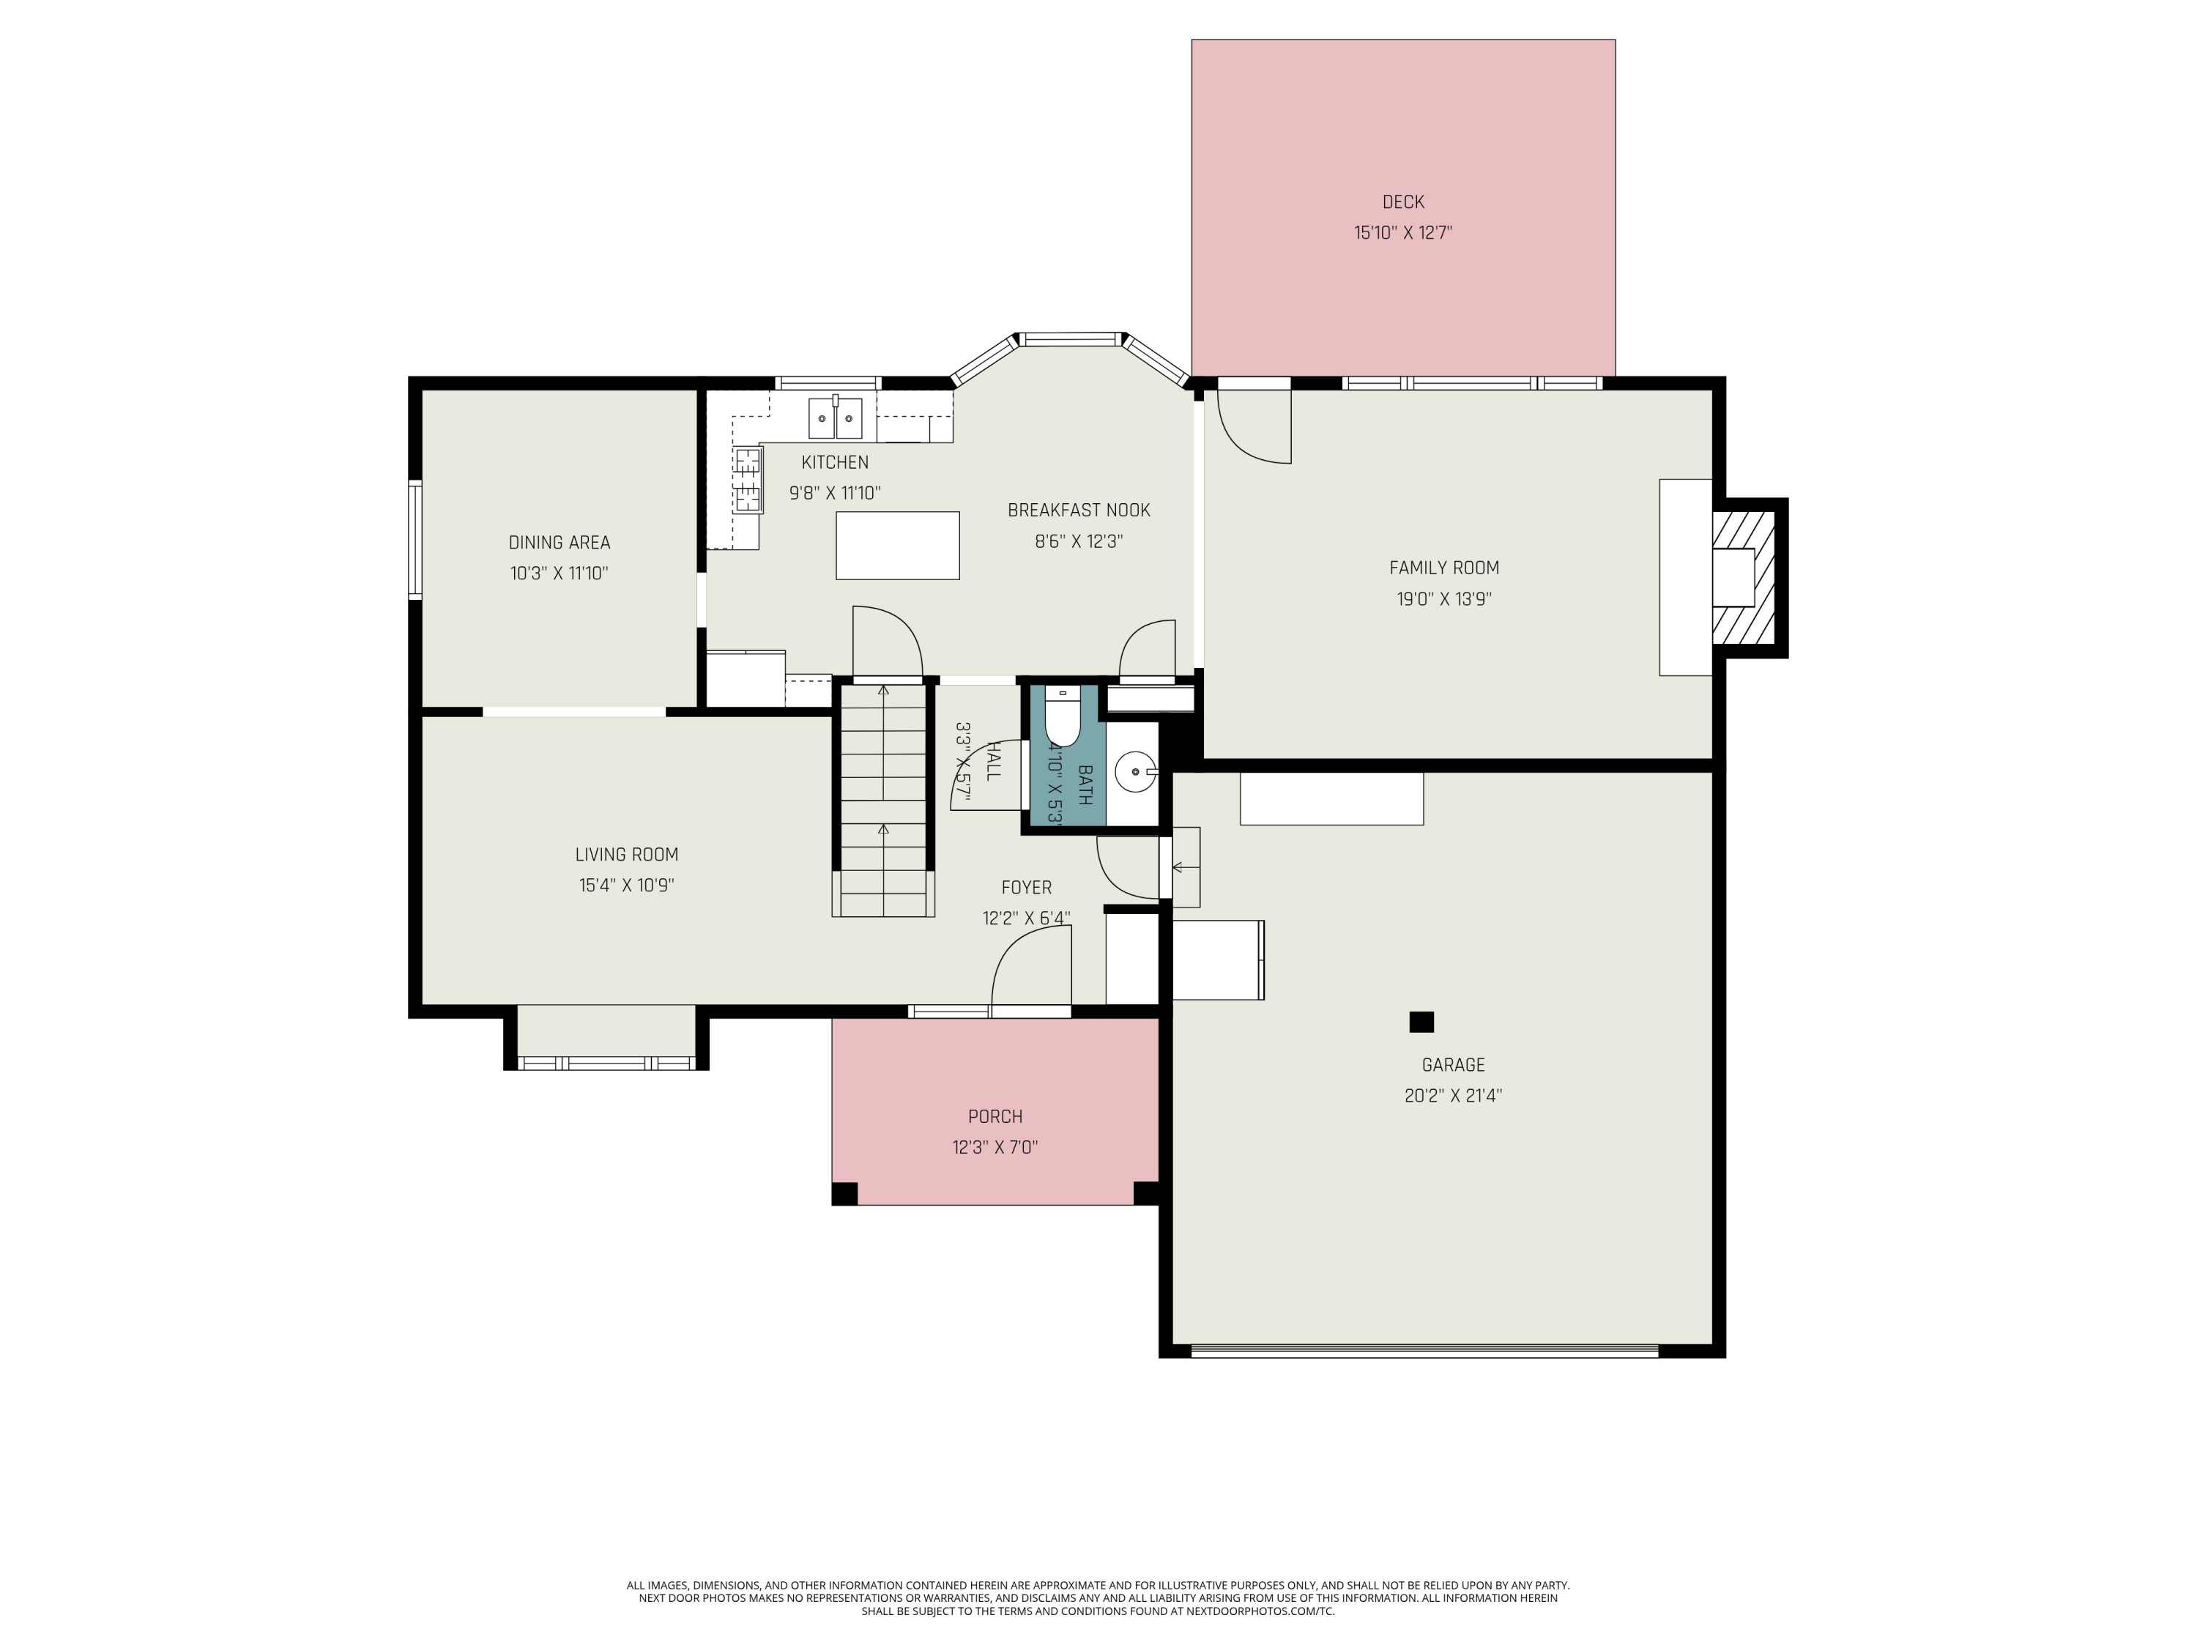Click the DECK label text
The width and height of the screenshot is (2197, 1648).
[x=1402, y=201]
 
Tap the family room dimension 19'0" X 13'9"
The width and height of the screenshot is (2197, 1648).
[x=1443, y=599]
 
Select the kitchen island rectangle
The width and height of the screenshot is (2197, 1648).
[x=897, y=546]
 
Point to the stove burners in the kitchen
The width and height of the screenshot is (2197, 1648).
[x=748, y=480]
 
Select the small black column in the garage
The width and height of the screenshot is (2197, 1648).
[x=1421, y=1021]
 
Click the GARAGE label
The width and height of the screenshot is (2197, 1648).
[x=1452, y=1065]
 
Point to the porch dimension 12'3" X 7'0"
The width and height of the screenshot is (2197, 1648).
[x=995, y=1147]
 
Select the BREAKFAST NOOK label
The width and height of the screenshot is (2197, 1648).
[x=1078, y=511]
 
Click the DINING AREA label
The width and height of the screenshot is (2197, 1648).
[x=560, y=543]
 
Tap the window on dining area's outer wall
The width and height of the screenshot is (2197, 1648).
[x=415, y=539]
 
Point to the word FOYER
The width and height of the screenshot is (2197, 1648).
[x=1026, y=887]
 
